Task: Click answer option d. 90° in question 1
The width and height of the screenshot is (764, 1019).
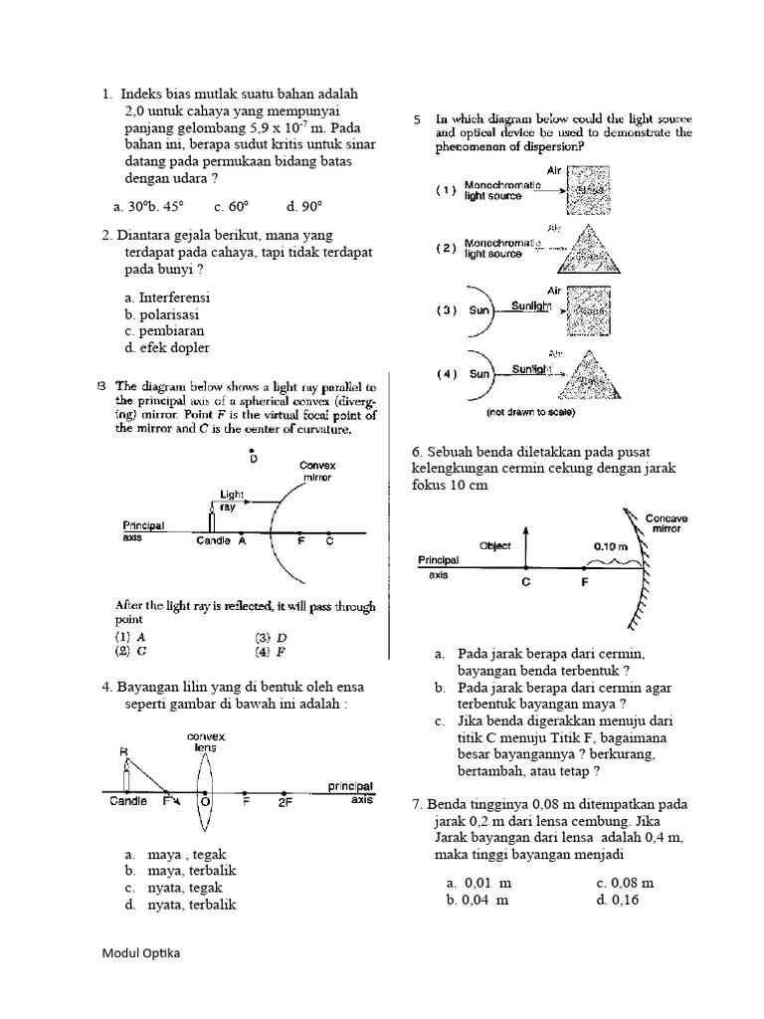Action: (304, 207)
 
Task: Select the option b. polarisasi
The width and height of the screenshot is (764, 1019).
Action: (167, 314)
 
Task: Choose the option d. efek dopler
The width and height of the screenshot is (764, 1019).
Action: (167, 348)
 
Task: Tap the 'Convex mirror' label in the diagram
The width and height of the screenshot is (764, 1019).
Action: (316, 471)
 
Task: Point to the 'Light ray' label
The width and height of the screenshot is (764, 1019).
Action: (232, 500)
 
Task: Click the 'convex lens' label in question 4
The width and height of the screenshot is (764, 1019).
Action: (206, 742)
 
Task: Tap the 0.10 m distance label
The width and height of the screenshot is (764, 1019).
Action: (610, 545)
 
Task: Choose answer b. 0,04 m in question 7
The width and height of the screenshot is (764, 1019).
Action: (478, 901)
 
